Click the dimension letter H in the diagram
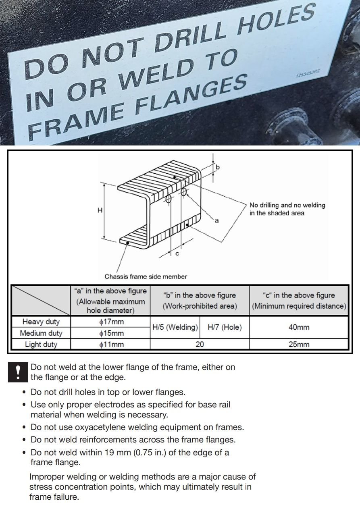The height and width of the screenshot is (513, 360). point(100,210)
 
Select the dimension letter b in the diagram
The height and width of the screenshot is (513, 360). point(218,166)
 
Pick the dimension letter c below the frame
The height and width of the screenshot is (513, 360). point(177,253)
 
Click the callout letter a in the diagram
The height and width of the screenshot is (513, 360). point(216,220)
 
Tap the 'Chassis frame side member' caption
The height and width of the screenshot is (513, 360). point(146,276)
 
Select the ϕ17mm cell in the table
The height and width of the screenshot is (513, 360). point(110,322)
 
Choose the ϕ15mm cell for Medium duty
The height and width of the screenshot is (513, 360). point(110,333)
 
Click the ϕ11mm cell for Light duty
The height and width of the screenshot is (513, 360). point(110,345)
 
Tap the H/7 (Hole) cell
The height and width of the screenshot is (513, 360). point(225,328)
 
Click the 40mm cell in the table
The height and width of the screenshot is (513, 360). point(299,328)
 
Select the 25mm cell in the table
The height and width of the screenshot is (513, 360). point(299,345)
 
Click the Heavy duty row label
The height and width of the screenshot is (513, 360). point(41,322)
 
